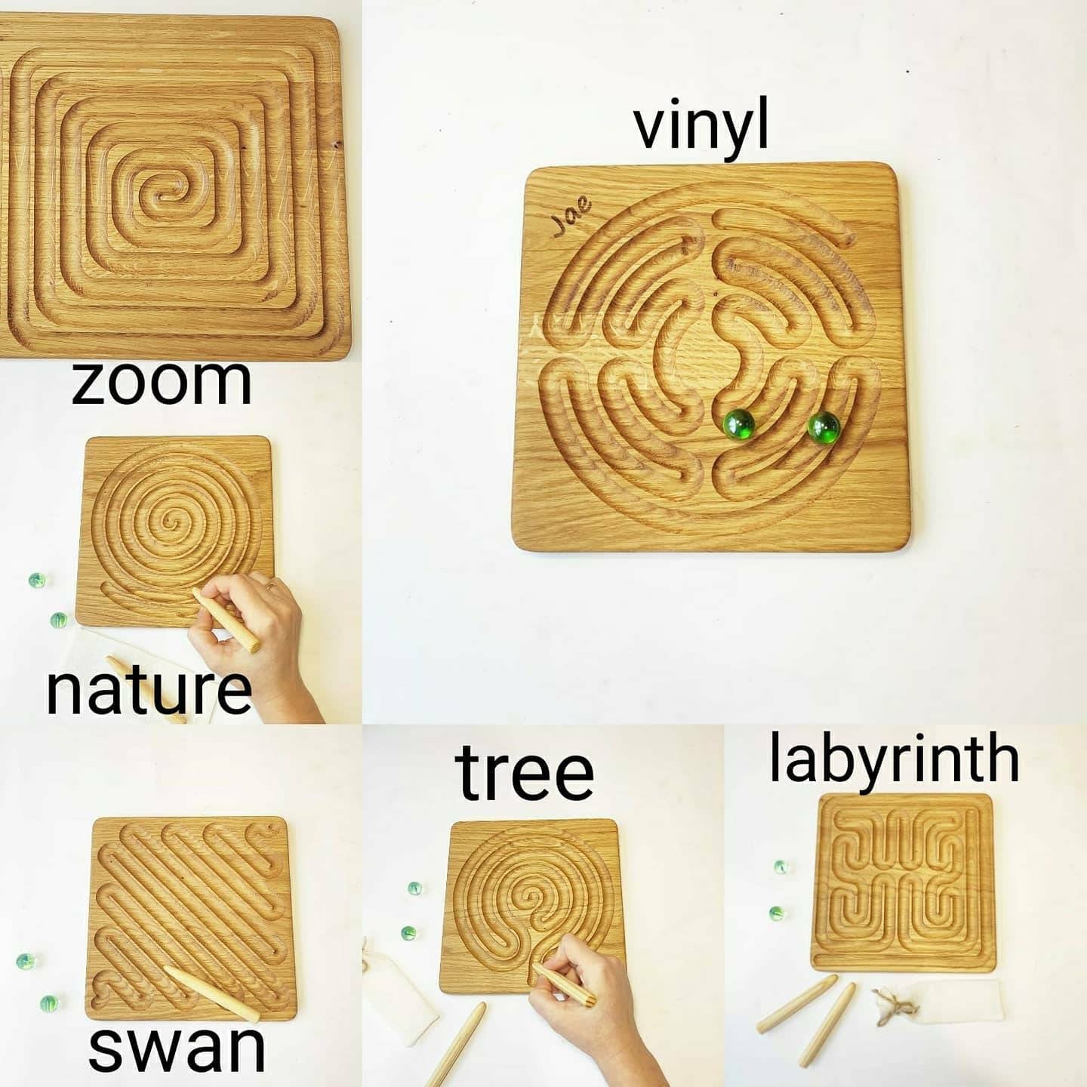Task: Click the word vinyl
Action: [x=701, y=128]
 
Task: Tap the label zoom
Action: [x=162, y=382]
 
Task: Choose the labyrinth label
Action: [x=894, y=757]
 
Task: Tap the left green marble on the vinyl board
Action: [x=739, y=425]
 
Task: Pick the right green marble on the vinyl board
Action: [x=824, y=427]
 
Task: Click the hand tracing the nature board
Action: [x=256, y=643]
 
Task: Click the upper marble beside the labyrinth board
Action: [x=781, y=867]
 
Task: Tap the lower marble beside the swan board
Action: [x=49, y=1003]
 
